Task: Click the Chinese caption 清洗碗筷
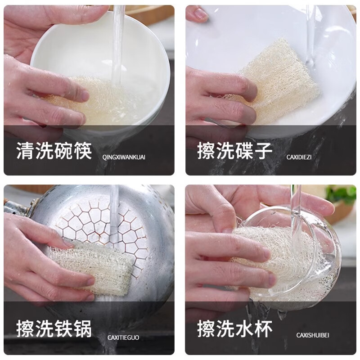click(54, 151)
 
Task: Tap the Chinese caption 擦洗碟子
click(234, 151)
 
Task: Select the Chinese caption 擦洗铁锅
click(54, 329)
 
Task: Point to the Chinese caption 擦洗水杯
click(234, 329)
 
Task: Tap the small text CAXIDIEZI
click(299, 157)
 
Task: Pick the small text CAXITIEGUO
click(123, 337)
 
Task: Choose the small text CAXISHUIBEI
click(313, 335)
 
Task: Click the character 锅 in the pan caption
click(82, 329)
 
